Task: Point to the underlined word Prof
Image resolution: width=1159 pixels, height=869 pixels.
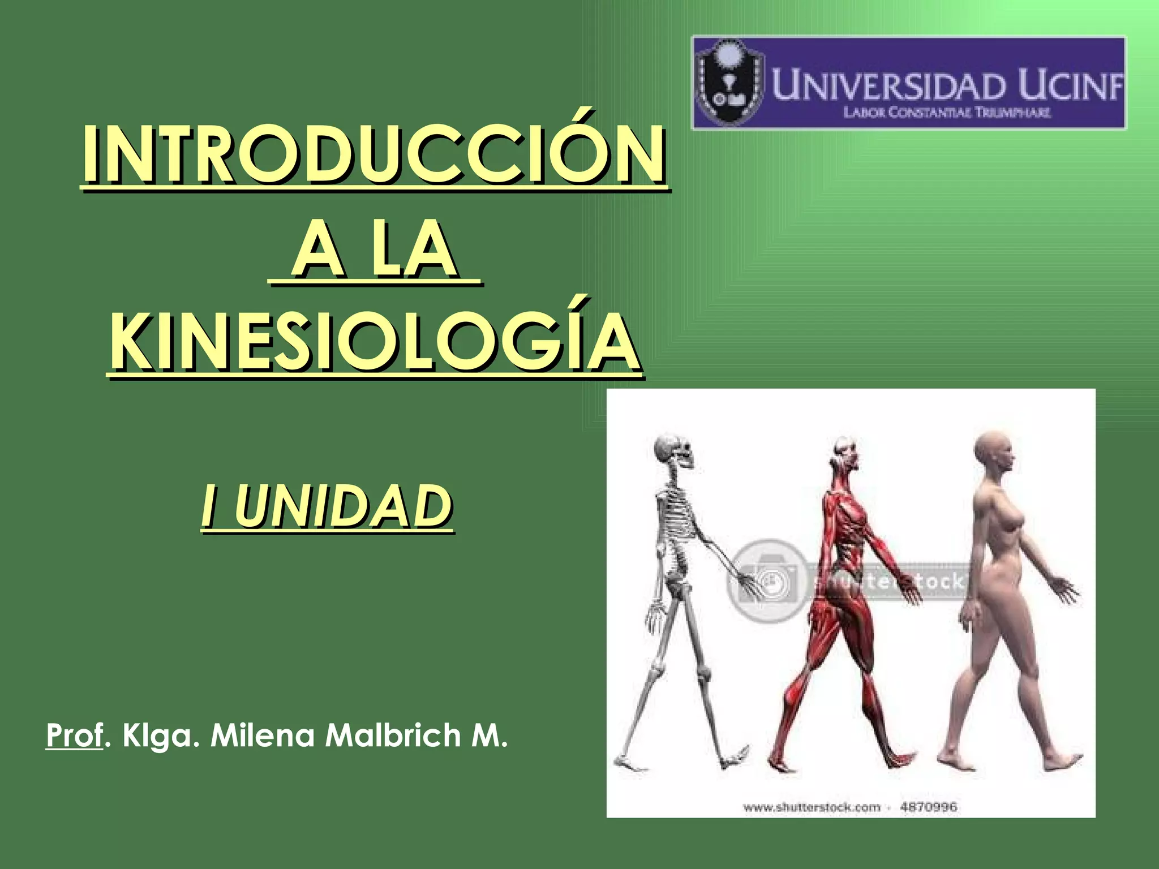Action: coord(74,735)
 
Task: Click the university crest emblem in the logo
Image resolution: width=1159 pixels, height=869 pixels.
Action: coord(728,84)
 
